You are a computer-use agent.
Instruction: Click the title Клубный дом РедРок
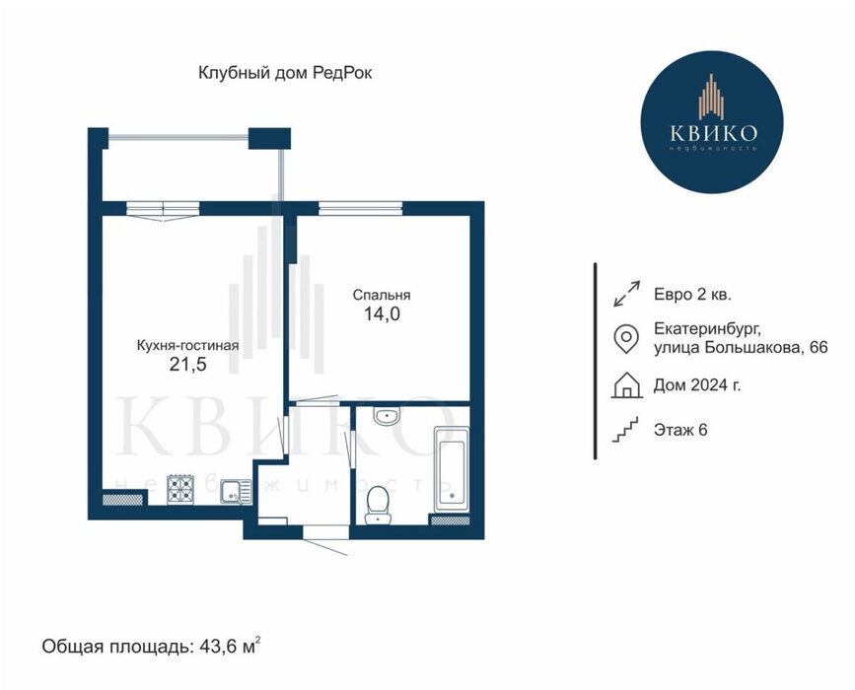pos(285,73)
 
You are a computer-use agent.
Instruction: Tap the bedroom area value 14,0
pos(382,313)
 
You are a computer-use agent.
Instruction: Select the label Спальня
pos(382,295)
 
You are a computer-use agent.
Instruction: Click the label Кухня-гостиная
pos(187,346)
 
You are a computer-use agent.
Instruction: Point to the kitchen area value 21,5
pos(187,364)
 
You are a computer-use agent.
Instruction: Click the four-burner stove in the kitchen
pos(179,490)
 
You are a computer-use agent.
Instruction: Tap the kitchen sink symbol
pos(236,492)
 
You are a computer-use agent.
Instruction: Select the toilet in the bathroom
pos(378,505)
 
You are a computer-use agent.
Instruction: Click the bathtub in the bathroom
pos(451,470)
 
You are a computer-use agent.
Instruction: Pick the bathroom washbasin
pos(388,415)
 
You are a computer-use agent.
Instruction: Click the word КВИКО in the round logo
pos(713,132)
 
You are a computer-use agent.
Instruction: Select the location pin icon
pos(626,338)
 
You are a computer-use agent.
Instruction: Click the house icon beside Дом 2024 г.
pos(626,384)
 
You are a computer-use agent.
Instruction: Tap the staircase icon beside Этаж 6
pos(625,430)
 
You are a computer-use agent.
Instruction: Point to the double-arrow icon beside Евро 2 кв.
pos(626,294)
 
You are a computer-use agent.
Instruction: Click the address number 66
pos(819,347)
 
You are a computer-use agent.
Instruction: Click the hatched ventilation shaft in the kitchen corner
pos(123,499)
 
